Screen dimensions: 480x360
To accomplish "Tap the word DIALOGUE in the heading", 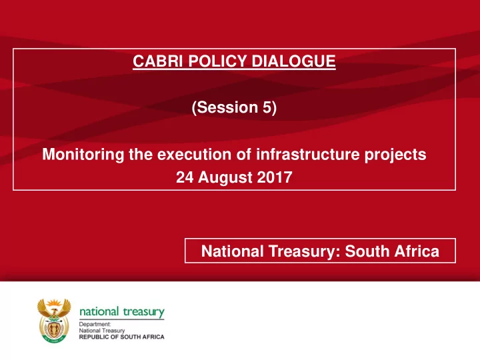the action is point(293,61).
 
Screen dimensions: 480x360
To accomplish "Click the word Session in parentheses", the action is point(227,107).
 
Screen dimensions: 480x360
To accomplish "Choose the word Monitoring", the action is point(83,154).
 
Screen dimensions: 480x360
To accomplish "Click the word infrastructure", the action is point(307,154).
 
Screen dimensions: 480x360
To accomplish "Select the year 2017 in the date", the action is point(275,177).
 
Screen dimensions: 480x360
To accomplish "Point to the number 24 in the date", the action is point(185,177).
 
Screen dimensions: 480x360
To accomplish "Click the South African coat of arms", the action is point(54,321).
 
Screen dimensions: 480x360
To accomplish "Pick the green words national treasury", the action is point(122,312).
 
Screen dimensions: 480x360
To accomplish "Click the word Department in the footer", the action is point(95,324).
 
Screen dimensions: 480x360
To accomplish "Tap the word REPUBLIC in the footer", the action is point(93,337).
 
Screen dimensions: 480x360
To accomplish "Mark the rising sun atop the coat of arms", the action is point(54,303).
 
